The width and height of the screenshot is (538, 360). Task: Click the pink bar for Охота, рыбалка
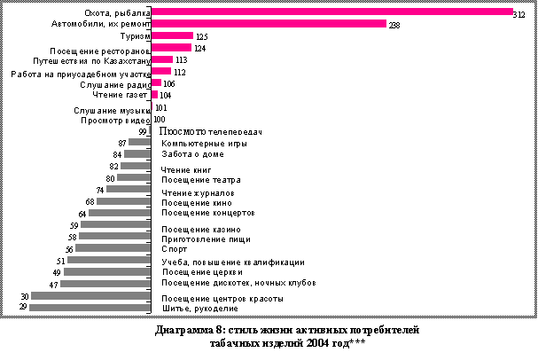click(332, 12)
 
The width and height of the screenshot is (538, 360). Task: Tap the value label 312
click(520, 13)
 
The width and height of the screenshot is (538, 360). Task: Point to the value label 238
click(394, 25)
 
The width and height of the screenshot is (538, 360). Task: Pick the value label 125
click(200, 36)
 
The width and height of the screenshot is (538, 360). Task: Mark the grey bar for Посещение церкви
click(107, 272)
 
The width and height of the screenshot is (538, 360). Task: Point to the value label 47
click(53, 284)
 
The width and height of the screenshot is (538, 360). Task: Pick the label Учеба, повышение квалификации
click(233, 262)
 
